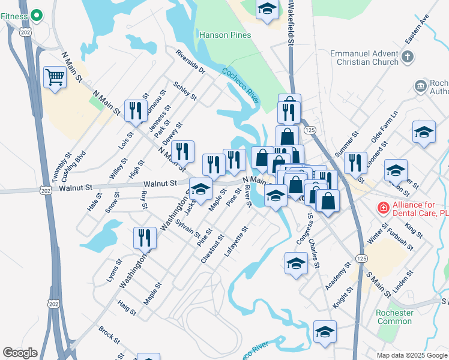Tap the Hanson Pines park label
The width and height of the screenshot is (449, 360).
point(222,35)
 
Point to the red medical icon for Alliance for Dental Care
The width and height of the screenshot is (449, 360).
point(382,208)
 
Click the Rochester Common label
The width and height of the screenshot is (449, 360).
point(394,317)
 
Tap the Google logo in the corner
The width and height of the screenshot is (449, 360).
point(20,353)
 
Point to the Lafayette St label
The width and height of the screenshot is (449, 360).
point(235,240)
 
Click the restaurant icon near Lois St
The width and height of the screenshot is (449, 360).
point(136,111)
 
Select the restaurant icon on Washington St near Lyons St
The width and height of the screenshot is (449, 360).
point(144,238)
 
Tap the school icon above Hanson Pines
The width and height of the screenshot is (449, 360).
point(267,10)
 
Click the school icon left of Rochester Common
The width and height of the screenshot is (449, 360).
point(325,331)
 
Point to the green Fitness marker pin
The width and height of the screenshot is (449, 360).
point(36,14)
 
